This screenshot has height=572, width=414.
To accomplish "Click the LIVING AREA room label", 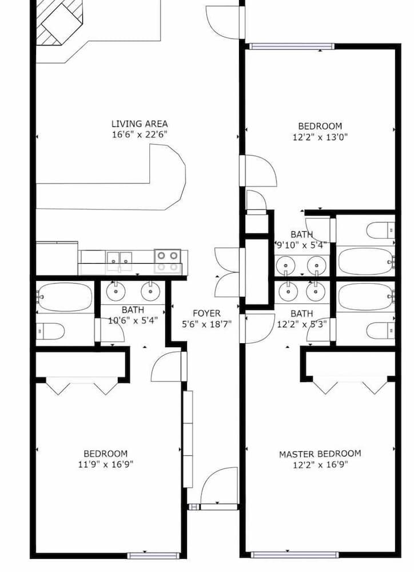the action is click(x=140, y=124).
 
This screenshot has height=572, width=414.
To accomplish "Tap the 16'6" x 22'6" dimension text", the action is click(x=140, y=134).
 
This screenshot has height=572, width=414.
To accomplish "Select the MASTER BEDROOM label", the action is click(x=320, y=454).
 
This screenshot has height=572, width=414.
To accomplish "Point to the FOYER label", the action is click(x=206, y=313).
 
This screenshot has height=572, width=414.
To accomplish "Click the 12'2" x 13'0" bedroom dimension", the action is click(x=320, y=137).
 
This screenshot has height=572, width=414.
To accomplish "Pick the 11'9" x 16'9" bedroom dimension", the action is click(x=105, y=464).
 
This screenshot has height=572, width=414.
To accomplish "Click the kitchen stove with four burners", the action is click(x=168, y=261).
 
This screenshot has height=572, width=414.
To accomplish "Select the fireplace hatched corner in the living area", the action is click(x=59, y=22).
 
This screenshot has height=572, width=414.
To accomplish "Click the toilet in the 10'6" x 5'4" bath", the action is click(x=50, y=331).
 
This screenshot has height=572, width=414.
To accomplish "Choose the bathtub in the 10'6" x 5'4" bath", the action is click(x=65, y=297).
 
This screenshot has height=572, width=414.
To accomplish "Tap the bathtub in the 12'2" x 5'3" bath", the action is click(x=366, y=297).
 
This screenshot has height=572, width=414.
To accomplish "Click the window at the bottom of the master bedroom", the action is click(x=294, y=555).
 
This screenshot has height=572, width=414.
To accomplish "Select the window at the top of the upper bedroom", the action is click(x=292, y=46).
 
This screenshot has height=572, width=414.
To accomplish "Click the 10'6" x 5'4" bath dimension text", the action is click(x=133, y=321).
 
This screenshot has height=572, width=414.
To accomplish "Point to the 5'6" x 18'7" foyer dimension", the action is click(x=206, y=324).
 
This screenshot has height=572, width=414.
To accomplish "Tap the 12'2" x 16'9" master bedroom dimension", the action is click(x=320, y=464).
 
